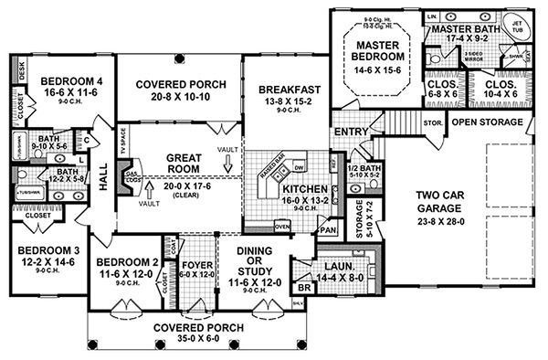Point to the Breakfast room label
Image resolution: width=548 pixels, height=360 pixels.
[286, 90]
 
